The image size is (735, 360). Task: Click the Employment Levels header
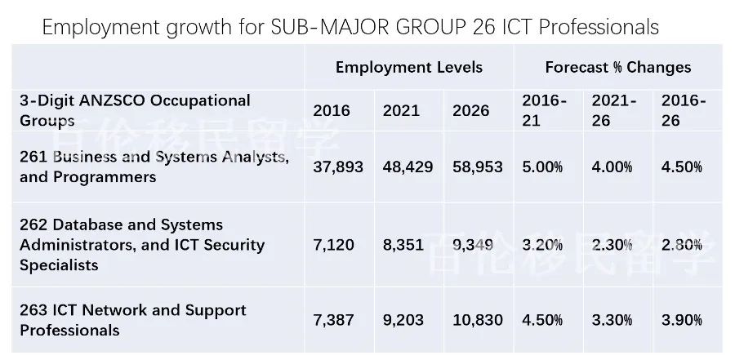(408, 68)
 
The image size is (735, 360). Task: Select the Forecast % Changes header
(617, 68)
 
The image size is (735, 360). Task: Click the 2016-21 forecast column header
(543, 110)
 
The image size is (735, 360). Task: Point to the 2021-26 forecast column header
(613, 110)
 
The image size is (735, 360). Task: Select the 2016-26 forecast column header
(683, 110)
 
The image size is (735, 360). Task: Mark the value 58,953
(478, 167)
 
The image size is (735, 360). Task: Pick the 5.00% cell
(543, 167)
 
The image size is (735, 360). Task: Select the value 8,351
(403, 245)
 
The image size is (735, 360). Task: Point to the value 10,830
(478, 321)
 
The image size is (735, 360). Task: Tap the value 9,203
(403, 321)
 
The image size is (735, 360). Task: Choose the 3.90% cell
(682, 321)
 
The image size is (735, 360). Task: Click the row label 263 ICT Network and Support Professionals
(133, 320)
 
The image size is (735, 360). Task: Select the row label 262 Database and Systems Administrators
(142, 245)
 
